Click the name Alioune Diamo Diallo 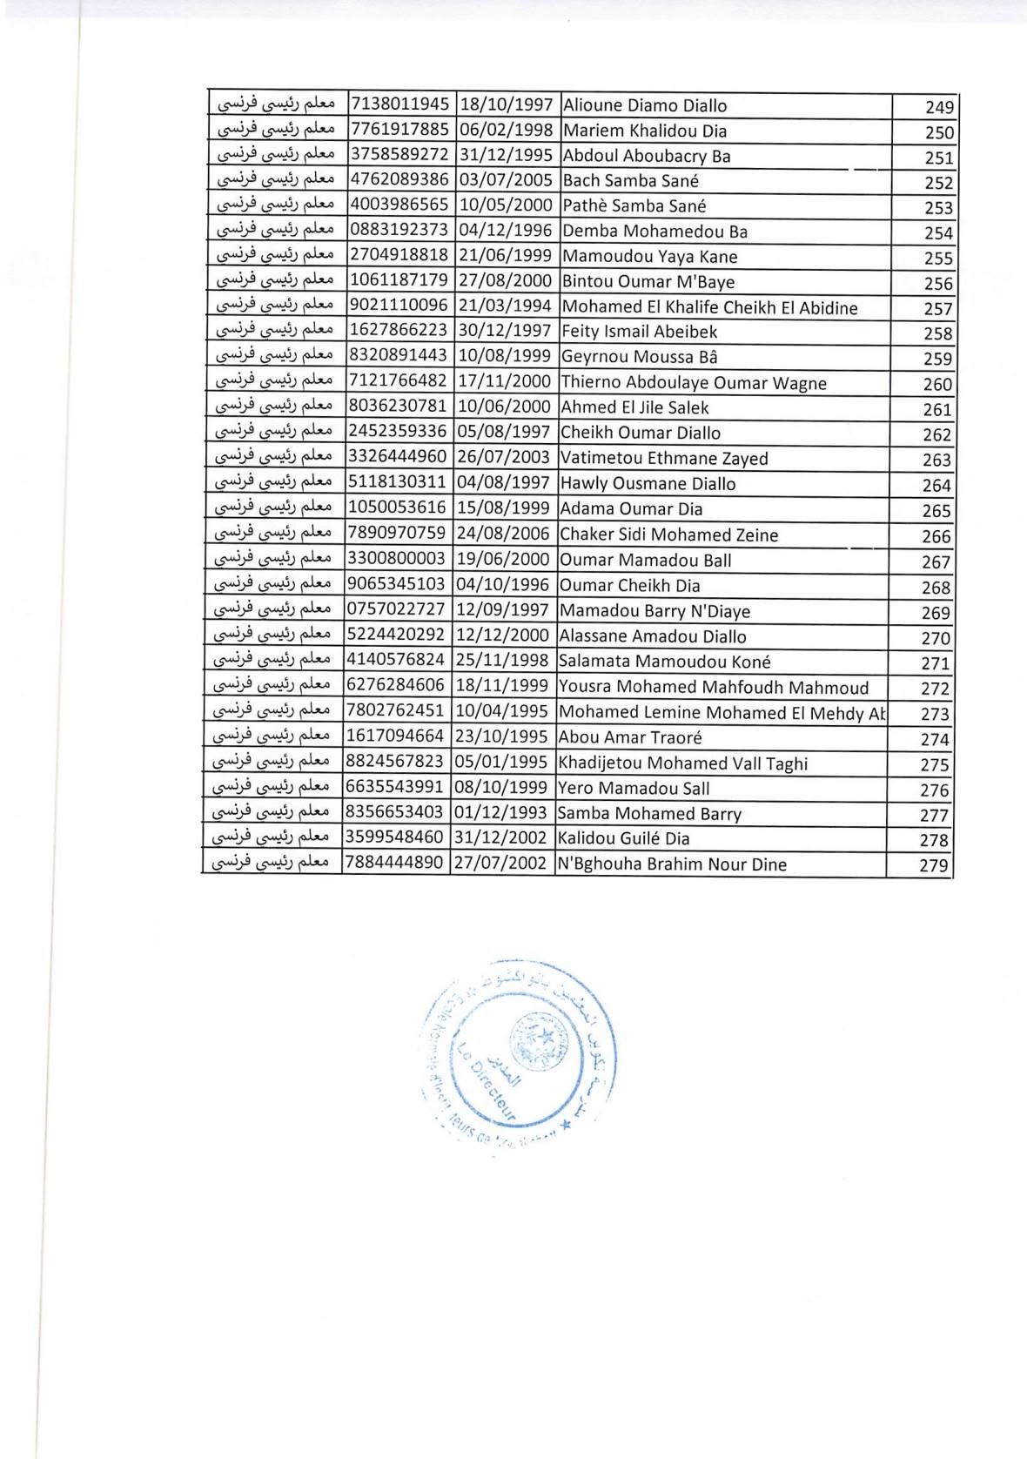644,106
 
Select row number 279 934,866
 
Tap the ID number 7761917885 399,131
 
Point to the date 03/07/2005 505,181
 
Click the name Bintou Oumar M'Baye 648,282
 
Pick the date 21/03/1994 505,307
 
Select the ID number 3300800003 396,560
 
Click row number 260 936,385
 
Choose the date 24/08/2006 503,535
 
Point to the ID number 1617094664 395,737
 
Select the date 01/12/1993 502,813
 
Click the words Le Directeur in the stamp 487,1079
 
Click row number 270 936,638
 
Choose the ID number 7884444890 394,864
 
